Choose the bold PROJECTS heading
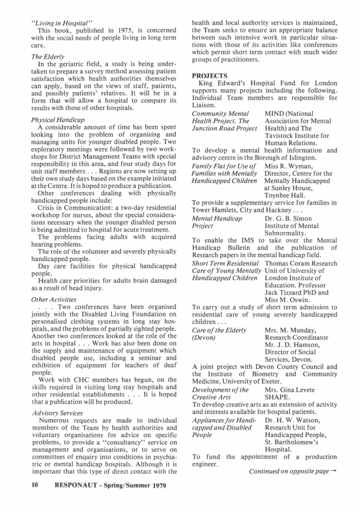click(211, 76)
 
